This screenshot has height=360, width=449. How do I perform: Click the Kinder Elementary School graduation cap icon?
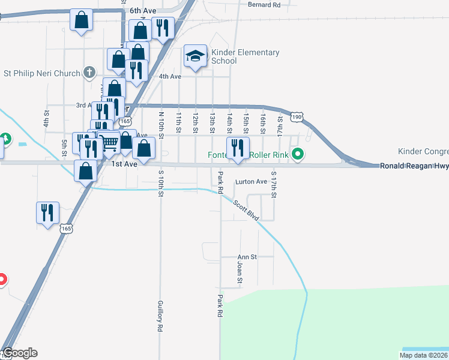click(195, 56)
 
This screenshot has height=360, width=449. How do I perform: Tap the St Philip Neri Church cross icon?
click(89, 73)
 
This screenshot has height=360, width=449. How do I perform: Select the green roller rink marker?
click(297, 155)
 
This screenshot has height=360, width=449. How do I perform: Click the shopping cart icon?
click(109, 143)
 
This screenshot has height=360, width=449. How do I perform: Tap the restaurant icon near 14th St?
click(238, 148)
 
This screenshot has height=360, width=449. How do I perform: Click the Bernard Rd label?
click(264, 5)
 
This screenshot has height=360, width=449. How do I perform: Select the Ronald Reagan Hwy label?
click(414, 166)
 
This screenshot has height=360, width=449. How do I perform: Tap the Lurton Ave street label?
click(251, 181)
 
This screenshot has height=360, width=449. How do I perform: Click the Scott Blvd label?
click(246, 211)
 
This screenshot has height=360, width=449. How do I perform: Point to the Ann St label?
click(247, 257)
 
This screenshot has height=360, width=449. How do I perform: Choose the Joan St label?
click(239, 272)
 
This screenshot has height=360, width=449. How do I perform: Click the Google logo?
click(20, 353)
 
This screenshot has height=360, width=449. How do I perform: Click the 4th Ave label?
click(170, 76)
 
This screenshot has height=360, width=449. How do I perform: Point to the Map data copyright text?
click(424, 355)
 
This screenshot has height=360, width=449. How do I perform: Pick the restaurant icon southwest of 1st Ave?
click(47, 212)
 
